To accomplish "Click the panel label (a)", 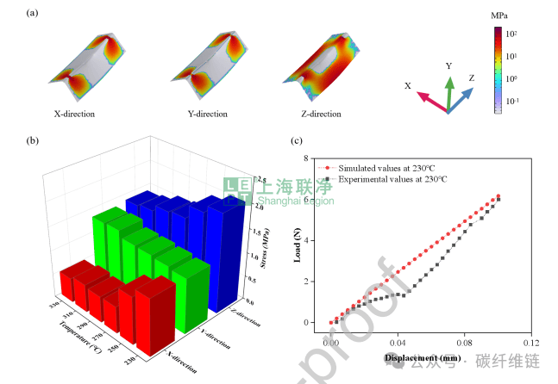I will pos(33,14).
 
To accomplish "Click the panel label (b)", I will pos(33,140).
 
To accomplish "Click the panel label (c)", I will pos(296,140).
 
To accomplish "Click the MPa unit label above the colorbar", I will pos(497,15).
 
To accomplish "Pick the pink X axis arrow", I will pos(434,103).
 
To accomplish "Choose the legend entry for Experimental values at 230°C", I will pos(388,178).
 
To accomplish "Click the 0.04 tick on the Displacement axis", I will pos(398,343).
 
